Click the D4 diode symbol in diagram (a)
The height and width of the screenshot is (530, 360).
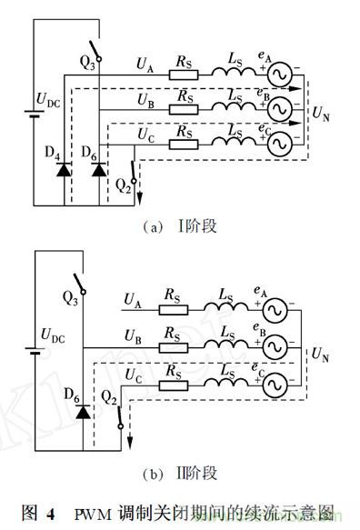pos(64,169)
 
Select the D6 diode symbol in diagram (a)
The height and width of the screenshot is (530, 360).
pos(99,169)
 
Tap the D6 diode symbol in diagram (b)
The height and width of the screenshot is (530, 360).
pos(83,412)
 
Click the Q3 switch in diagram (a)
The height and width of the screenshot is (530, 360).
pos(95,51)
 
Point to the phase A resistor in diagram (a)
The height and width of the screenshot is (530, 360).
pos(184,75)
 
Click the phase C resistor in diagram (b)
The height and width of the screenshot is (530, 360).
pos(174,385)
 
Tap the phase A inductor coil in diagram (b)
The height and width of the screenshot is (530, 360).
pos(225,306)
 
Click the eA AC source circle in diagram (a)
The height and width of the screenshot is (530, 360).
pos(280,75)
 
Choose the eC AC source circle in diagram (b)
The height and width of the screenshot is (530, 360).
pos(275,385)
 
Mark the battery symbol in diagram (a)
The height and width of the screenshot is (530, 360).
pos(34,114)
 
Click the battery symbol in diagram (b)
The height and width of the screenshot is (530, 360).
pos(35,351)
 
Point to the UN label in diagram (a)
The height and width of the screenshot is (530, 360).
pos(321,114)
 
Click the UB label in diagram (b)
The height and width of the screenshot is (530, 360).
pos(134,335)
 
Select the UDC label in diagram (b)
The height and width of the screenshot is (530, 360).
pos(53,335)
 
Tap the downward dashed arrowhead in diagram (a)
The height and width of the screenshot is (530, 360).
pos(139,199)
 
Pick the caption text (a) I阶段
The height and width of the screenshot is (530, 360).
pos(179,226)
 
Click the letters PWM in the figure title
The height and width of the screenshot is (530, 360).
pos(93,515)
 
